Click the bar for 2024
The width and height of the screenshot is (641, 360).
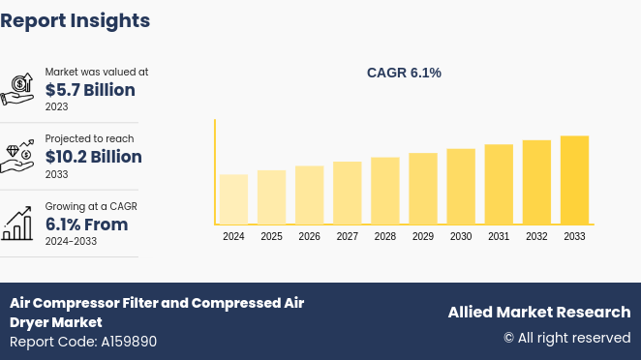tap(233, 199)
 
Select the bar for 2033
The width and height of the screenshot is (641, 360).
tap(574, 180)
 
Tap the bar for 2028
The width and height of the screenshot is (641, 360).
tap(385, 191)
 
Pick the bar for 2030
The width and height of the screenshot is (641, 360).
tap(461, 187)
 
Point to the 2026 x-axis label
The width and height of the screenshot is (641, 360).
tap(309, 236)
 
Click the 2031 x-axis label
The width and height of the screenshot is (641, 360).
tap(499, 236)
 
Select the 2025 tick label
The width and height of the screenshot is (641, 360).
tap(271, 236)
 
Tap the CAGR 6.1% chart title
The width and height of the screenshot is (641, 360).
tap(404, 73)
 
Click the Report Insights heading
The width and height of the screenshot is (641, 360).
tap(76, 20)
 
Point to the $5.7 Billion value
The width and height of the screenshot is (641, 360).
tap(90, 90)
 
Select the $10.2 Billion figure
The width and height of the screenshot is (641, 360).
tap(94, 157)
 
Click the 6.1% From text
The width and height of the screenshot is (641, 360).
tap(86, 225)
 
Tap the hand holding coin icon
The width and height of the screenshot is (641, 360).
tap(17, 89)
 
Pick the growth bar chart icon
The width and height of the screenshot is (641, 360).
tap(17, 224)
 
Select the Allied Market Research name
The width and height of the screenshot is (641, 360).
tap(538, 312)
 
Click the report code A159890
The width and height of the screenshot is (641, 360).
tap(83, 342)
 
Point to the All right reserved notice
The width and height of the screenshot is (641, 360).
tap(566, 338)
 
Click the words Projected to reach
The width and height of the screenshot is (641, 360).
tap(89, 138)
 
